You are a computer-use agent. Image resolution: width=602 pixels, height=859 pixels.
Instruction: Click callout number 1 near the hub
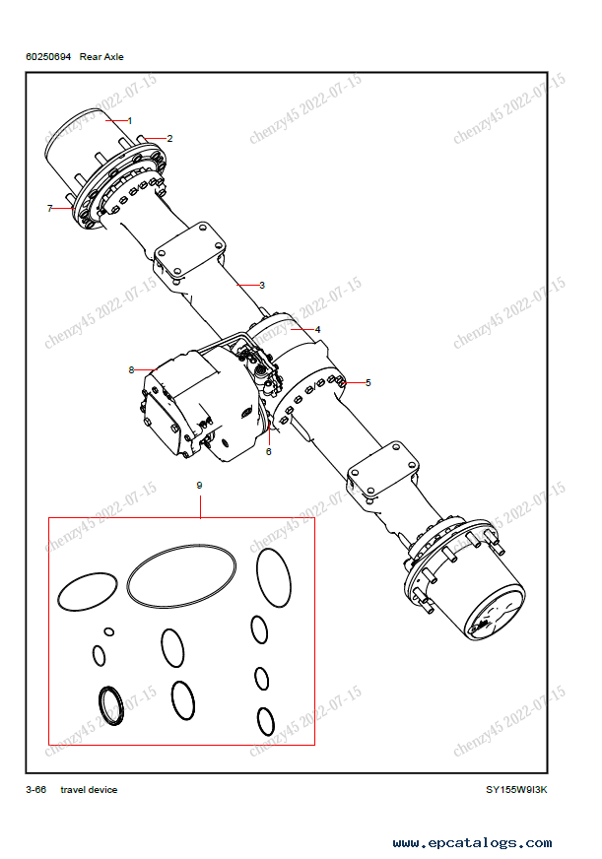coord(130,120)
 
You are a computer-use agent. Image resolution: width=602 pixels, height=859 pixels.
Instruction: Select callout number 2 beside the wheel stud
coord(169,138)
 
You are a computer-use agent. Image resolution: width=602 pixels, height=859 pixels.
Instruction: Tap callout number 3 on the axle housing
coord(262,285)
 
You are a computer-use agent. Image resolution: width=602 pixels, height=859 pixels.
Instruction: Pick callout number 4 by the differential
coord(317,329)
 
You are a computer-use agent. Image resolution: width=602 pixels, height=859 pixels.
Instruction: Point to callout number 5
coord(368,382)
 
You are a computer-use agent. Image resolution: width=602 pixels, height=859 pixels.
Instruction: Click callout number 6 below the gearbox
coord(268,451)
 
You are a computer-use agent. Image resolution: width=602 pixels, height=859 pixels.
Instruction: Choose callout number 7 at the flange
coord(50,208)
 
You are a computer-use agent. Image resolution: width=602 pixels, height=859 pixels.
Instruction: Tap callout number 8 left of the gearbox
coord(131,369)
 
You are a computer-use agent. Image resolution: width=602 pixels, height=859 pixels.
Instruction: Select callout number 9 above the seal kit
coord(199,485)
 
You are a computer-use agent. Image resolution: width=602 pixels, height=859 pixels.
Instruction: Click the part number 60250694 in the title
coord(48,56)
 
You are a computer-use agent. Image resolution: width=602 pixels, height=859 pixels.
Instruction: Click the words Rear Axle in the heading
coord(101,56)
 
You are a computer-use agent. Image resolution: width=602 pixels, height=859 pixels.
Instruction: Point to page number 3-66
coord(36,789)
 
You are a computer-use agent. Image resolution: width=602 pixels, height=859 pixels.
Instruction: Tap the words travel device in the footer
coord(89,789)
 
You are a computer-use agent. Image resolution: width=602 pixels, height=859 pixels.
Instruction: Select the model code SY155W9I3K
coord(516,789)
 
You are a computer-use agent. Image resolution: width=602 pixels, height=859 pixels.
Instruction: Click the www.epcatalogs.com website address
coord(472,842)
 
